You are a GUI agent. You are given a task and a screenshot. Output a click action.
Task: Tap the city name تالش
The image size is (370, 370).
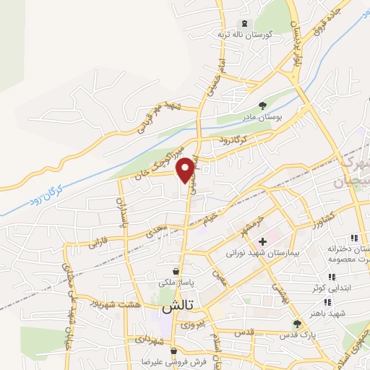(x=172, y=306)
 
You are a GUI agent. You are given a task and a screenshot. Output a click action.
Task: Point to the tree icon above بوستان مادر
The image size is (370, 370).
(x=262, y=106)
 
